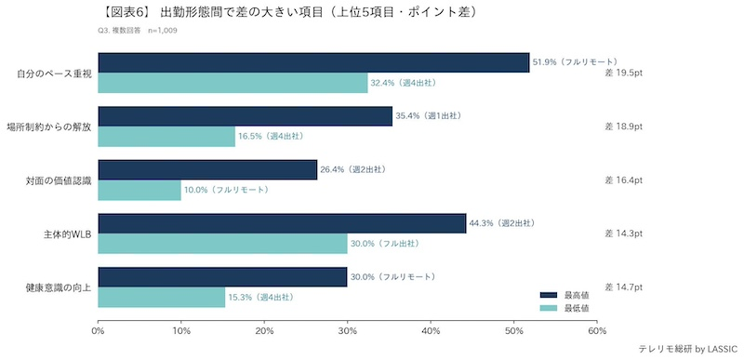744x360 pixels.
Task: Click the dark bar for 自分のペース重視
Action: click(313, 62)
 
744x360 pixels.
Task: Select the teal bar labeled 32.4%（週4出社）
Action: click(232, 83)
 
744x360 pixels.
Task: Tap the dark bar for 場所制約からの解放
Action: click(245, 116)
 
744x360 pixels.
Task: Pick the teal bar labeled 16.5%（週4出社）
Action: click(166, 137)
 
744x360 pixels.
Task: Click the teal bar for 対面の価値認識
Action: click(139, 190)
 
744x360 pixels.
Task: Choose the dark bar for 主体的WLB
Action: click(282, 223)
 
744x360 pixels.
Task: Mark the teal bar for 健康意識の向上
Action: click(162, 297)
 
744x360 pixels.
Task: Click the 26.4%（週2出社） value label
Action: click(353, 170)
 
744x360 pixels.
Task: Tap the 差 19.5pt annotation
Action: click(624, 73)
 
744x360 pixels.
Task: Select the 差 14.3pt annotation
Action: click(624, 233)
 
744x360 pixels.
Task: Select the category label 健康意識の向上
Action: click(51, 287)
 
